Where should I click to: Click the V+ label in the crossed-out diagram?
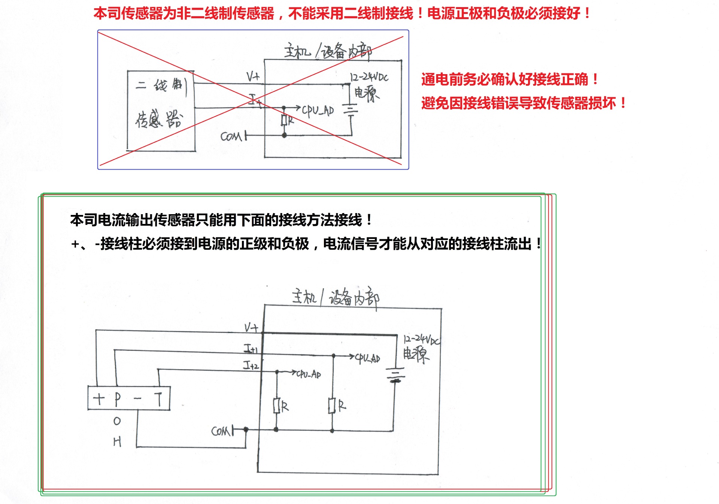(x=253, y=77)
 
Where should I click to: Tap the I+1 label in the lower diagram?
(x=251, y=349)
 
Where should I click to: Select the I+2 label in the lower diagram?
(x=251, y=365)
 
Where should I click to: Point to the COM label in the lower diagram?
(x=221, y=431)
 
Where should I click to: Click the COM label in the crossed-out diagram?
(x=231, y=137)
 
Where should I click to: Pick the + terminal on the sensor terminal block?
(x=99, y=399)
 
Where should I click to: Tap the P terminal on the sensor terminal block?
(x=118, y=399)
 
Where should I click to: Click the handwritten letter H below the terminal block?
(x=117, y=442)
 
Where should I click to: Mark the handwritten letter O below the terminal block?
(x=117, y=421)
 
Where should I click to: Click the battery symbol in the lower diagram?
(x=395, y=375)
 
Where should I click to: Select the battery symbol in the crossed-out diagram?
(x=351, y=109)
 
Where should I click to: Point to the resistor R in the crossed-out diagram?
(x=285, y=121)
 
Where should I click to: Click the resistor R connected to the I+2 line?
(x=277, y=406)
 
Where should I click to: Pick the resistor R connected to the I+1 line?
(x=332, y=406)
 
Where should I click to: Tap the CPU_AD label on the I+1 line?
(x=367, y=358)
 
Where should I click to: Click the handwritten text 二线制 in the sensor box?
(x=161, y=85)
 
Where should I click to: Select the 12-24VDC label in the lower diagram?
(x=421, y=340)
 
